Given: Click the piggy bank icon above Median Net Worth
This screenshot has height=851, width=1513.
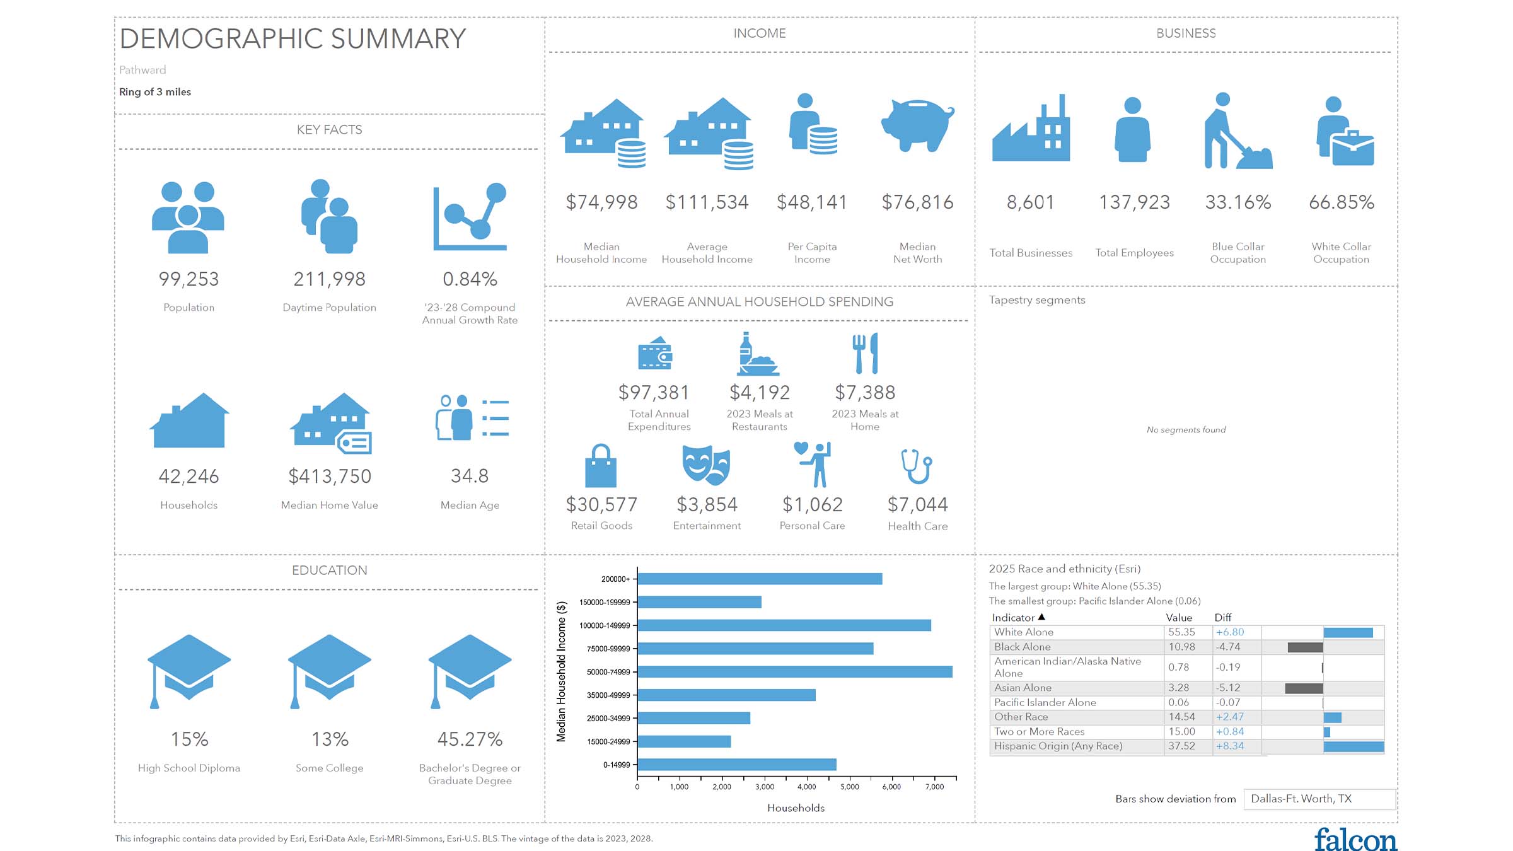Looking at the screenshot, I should pos(917,125).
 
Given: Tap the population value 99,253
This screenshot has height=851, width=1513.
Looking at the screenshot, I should pos(188,279).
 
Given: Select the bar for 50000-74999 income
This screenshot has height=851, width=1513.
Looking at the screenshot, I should pos(794,672).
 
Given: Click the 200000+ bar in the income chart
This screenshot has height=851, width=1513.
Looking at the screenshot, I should pos(760,579).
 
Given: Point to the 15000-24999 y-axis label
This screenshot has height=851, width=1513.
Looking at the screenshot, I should pos(608,742).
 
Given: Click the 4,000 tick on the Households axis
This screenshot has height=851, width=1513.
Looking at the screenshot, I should pos(807,787).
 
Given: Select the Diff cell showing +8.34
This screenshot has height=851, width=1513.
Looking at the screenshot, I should pos(1230,746).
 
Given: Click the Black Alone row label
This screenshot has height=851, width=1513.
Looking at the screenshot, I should pos(1023,647).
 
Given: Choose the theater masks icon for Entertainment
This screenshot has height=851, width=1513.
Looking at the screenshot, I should pos(706,465).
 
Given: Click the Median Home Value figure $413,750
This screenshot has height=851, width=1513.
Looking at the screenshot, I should pos(330,477).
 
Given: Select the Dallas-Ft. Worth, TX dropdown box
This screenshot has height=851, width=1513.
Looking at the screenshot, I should pos(1319,799).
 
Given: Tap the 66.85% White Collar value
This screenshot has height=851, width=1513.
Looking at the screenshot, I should pos(1342,202).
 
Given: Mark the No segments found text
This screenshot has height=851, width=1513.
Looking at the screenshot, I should pos(1186,430).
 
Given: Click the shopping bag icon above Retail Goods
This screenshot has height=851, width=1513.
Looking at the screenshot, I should pos(601,466).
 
